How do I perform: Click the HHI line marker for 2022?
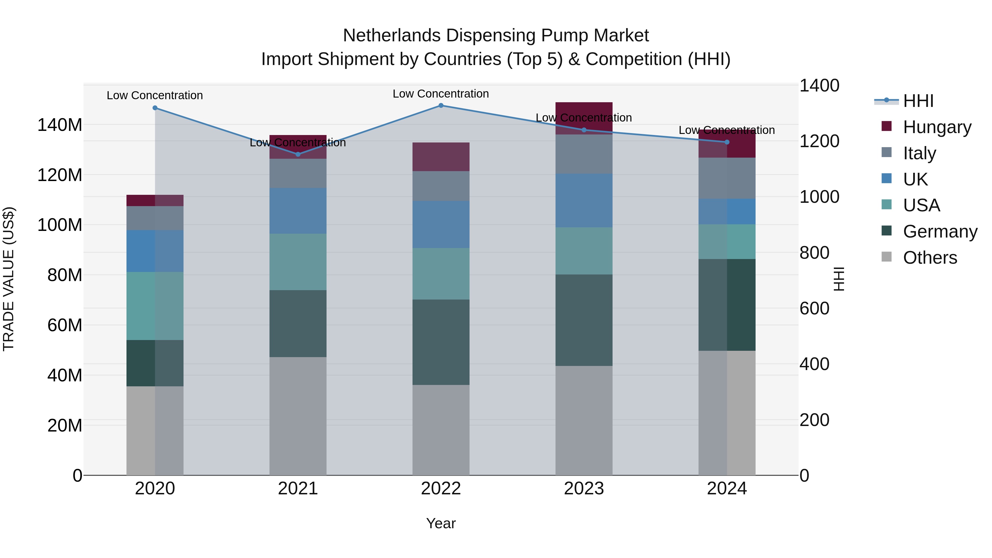(441, 106)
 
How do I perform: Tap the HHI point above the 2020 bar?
(155, 108)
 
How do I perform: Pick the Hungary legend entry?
(937, 127)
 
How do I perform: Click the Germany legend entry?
(940, 231)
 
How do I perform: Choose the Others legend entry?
(930, 258)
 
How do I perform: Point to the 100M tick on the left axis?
(60, 225)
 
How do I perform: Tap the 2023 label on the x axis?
(584, 489)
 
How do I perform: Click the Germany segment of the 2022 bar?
(441, 342)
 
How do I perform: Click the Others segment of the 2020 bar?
(155, 430)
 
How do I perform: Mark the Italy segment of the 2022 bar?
(441, 186)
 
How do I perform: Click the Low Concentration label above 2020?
(155, 96)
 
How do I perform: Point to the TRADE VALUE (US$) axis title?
(9, 279)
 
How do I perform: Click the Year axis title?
(441, 523)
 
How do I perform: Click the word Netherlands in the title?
(391, 36)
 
